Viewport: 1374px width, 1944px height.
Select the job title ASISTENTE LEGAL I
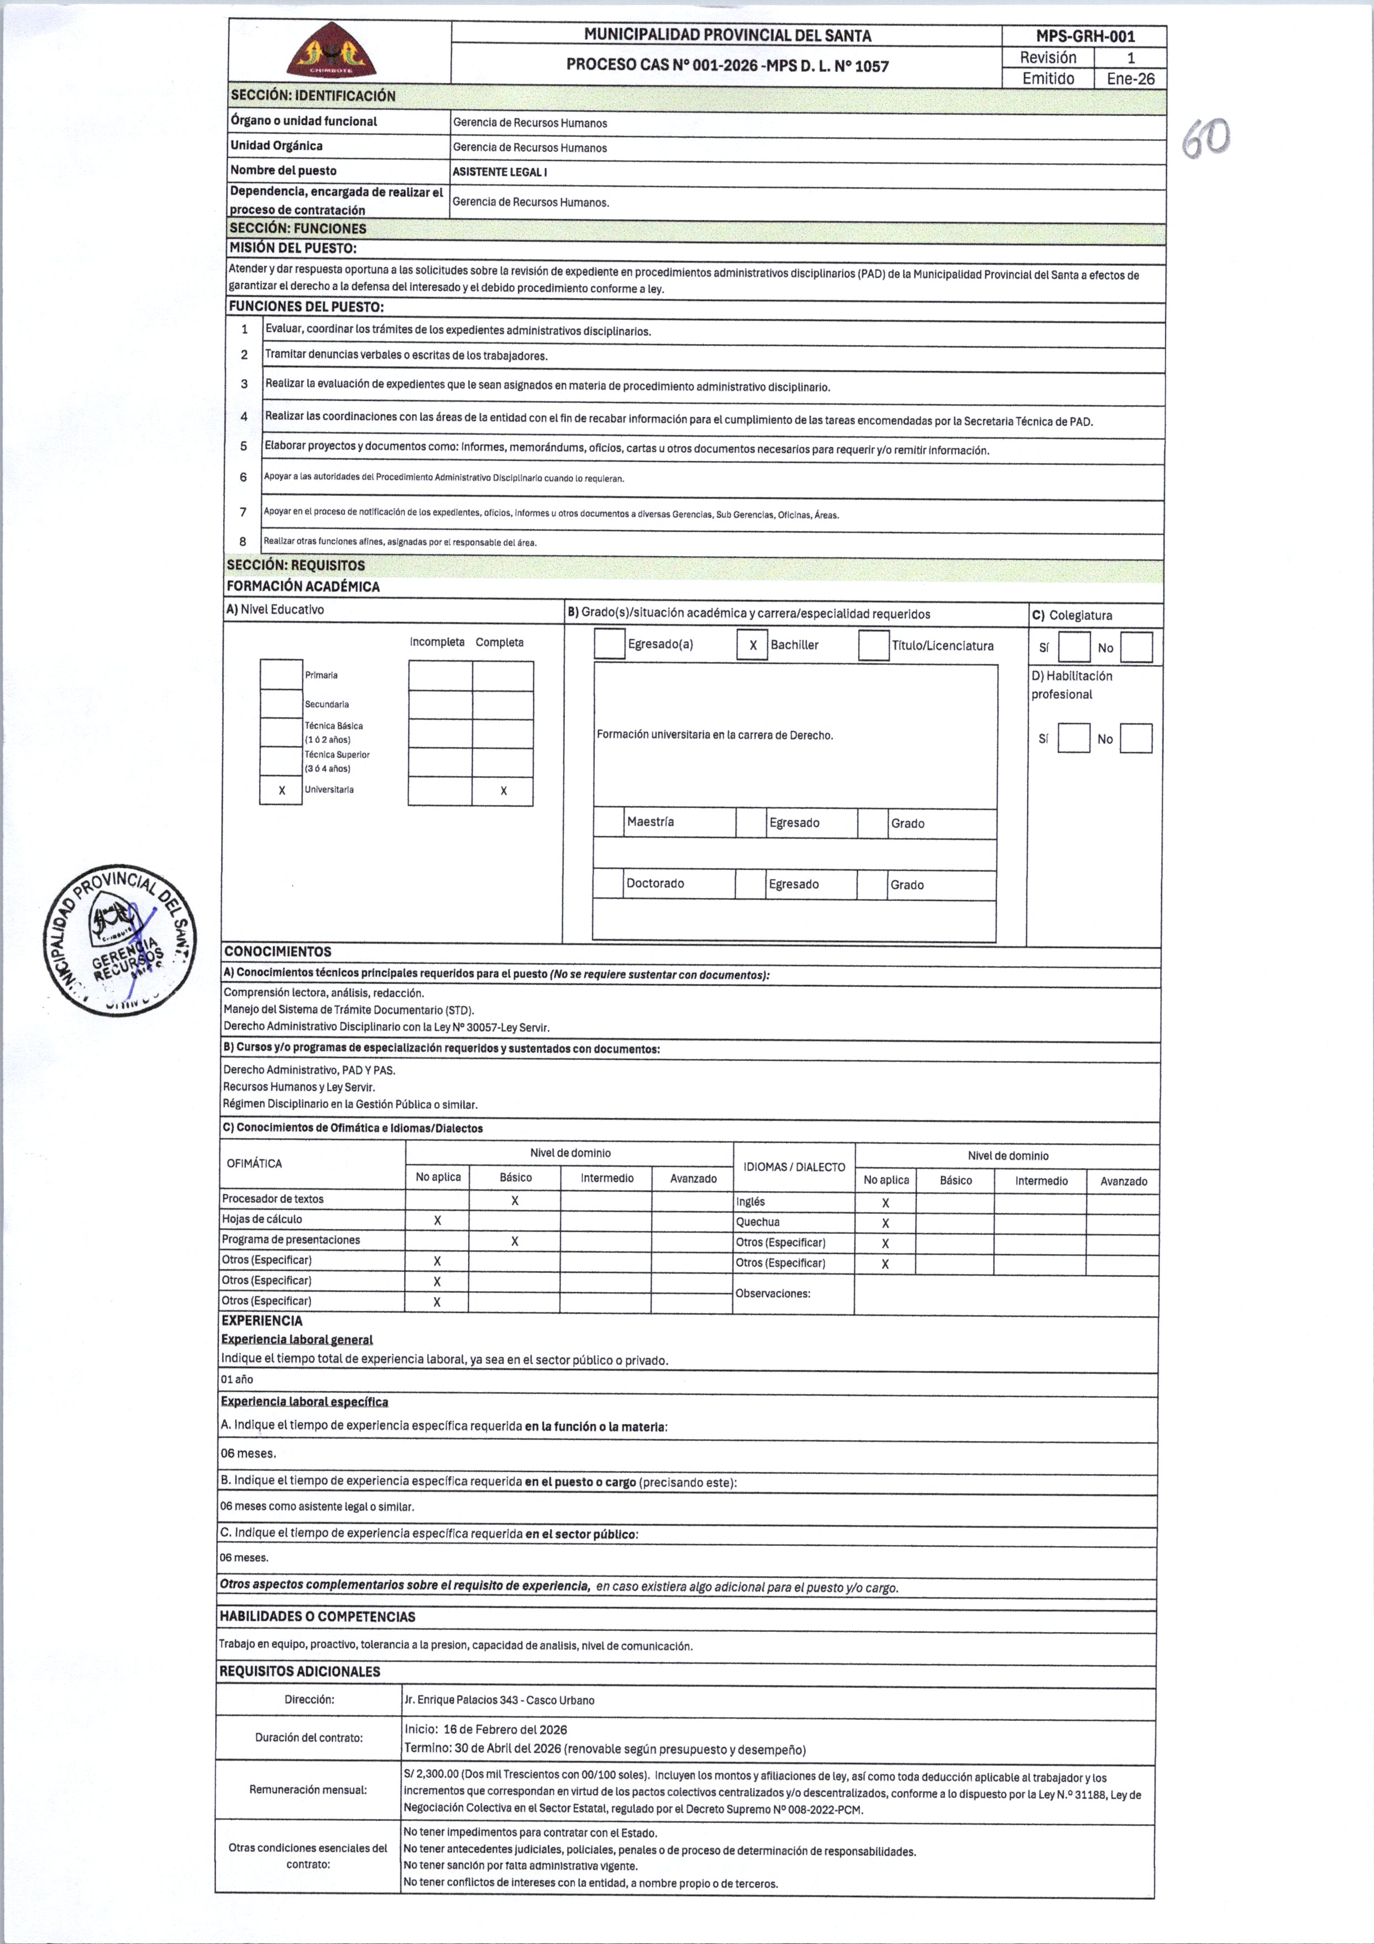click(x=500, y=172)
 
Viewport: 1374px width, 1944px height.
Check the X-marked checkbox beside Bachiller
click(x=752, y=645)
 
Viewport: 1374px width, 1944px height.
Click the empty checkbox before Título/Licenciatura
click(x=873, y=645)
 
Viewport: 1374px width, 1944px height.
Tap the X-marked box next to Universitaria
click(x=281, y=790)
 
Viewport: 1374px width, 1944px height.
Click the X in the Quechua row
click(x=885, y=1223)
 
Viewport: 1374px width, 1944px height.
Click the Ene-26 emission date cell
click(x=1130, y=79)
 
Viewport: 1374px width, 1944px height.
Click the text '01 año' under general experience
click(x=237, y=1379)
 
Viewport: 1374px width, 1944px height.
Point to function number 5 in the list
click(x=244, y=446)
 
